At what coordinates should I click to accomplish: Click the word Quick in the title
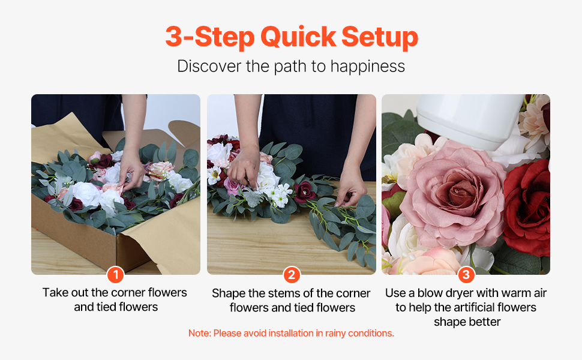click(x=298, y=37)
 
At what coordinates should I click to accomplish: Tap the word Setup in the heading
click(x=380, y=38)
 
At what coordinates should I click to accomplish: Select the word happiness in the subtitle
click(x=367, y=67)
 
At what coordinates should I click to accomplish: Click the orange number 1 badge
click(x=115, y=275)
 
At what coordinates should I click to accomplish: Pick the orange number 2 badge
click(x=292, y=275)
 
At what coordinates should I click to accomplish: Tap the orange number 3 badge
click(x=466, y=275)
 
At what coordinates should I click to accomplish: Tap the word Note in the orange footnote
click(x=199, y=333)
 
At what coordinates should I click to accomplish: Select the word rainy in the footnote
click(x=335, y=334)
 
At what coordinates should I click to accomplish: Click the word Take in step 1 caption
click(x=56, y=292)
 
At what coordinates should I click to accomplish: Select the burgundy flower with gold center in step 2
click(x=305, y=191)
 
